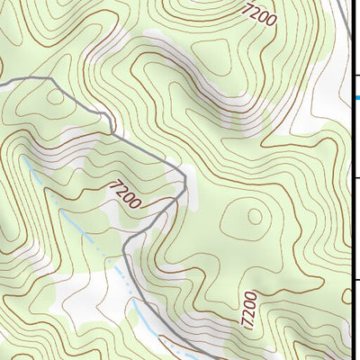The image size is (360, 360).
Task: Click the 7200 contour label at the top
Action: click(x=259, y=13)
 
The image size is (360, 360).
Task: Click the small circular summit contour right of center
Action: click(x=253, y=216)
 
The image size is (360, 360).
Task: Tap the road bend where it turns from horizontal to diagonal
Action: click(x=52, y=80)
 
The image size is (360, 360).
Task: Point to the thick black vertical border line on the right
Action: click(x=350, y=180)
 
